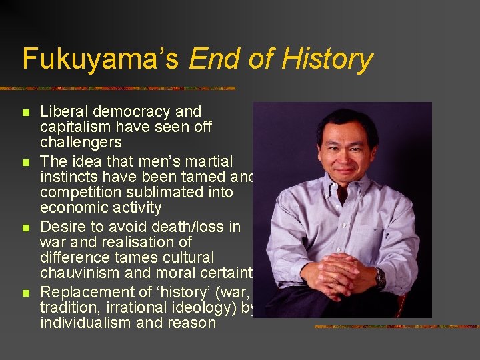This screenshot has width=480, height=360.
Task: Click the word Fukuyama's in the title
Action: (101, 59)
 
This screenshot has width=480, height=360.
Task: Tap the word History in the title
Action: (327, 59)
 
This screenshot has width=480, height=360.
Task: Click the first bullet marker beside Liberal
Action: (26, 112)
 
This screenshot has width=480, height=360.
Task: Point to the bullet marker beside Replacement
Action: (26, 293)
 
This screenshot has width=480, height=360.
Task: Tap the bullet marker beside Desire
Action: (26, 228)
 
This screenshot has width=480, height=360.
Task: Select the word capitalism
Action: (76, 127)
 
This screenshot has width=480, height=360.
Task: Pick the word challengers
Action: (81, 143)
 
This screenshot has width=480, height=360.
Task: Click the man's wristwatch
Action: (379, 277)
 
